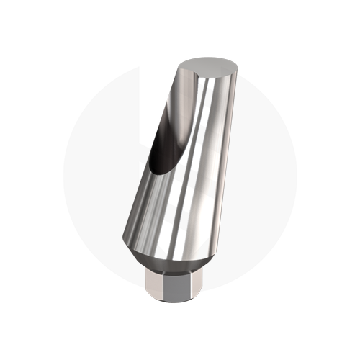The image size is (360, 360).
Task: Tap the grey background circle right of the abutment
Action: click(266, 180)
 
